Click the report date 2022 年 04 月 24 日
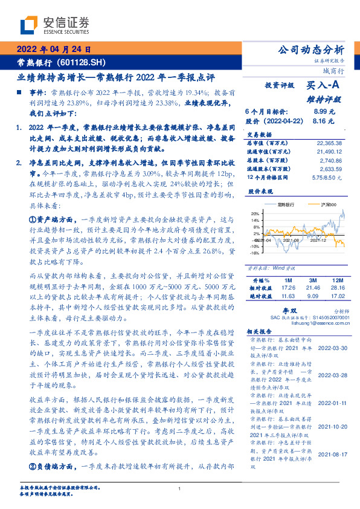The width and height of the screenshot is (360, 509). [x=53, y=49]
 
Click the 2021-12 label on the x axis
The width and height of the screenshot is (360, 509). [x=317, y=241]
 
